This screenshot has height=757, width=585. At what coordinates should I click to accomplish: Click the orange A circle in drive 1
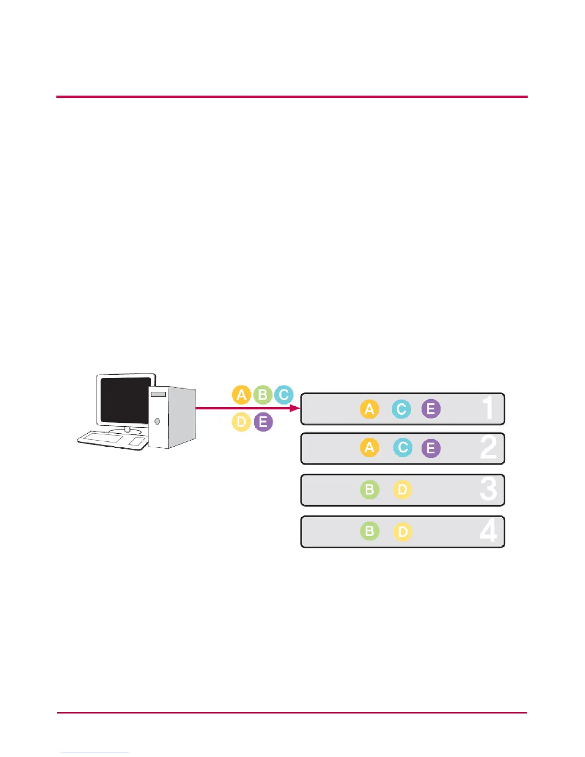pyautogui.click(x=369, y=409)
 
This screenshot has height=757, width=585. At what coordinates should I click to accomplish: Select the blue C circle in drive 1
pyautogui.click(x=401, y=409)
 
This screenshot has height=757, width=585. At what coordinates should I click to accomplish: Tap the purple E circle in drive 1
pyautogui.click(x=431, y=409)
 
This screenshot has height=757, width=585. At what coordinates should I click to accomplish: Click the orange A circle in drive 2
pyautogui.click(x=369, y=448)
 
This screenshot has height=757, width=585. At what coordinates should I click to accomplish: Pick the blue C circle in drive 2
pyautogui.click(x=403, y=448)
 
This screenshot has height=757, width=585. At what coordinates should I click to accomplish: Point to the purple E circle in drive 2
pyautogui.click(x=431, y=448)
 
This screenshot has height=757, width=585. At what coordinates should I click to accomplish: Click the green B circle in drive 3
pyautogui.click(x=369, y=490)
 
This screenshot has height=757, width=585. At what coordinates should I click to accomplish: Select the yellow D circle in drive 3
pyautogui.click(x=402, y=490)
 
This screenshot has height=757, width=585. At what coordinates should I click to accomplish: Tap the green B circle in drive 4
pyautogui.click(x=369, y=531)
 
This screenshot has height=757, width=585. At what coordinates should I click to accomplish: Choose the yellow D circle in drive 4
pyautogui.click(x=402, y=532)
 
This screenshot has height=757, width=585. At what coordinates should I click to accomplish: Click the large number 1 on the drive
pyautogui.click(x=487, y=408)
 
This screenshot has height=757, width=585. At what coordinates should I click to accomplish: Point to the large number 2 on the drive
pyautogui.click(x=488, y=448)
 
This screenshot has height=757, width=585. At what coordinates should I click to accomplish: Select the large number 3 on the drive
pyautogui.click(x=488, y=489)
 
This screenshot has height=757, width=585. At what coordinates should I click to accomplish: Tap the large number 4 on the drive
pyautogui.click(x=488, y=531)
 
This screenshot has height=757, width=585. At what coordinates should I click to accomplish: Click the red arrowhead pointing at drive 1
pyautogui.click(x=294, y=408)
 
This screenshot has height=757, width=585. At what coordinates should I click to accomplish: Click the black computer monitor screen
pyautogui.click(x=126, y=400)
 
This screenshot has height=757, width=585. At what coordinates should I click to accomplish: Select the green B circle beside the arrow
pyautogui.click(x=262, y=395)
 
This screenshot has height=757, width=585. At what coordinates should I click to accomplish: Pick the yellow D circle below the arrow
pyautogui.click(x=241, y=422)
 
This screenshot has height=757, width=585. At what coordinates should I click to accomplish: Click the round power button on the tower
pyautogui.click(x=157, y=421)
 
